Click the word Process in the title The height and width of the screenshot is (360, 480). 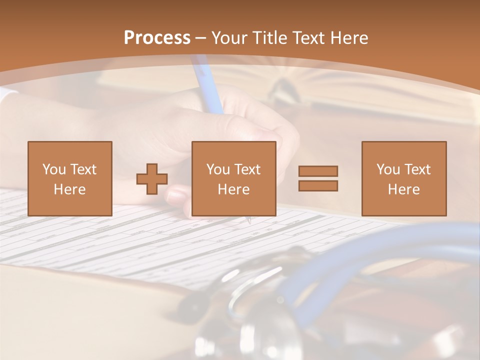[157, 38]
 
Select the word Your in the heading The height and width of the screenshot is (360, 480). [228, 38]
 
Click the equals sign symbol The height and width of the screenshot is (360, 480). [318, 178]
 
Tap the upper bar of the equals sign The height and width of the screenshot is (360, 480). [318, 171]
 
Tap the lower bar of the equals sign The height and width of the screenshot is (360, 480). [318, 185]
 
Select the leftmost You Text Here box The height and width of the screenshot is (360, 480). [70, 178]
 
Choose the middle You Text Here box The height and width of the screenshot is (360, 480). [233, 178]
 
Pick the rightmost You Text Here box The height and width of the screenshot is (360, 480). [403, 178]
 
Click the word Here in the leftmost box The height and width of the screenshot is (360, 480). [69, 189]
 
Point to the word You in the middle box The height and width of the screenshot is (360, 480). [218, 169]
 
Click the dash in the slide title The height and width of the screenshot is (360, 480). [200, 38]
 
